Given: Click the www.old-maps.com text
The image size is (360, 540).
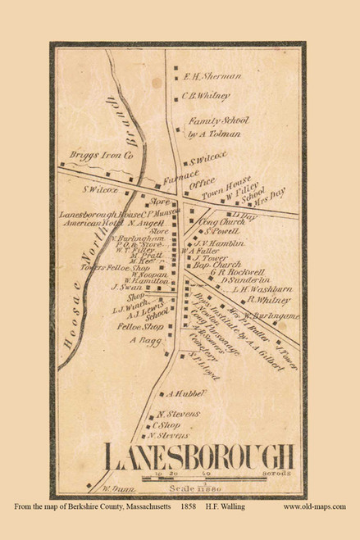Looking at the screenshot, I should pos(314,508).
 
